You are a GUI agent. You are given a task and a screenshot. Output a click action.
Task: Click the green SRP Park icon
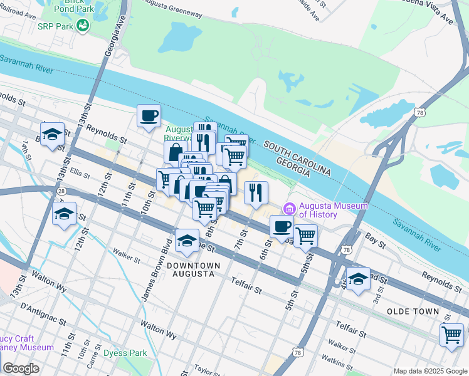82,24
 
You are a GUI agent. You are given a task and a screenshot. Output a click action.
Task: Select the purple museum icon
290,209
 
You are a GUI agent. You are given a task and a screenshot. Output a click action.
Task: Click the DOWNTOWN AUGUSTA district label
193,271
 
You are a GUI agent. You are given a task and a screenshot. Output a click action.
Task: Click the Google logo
20,368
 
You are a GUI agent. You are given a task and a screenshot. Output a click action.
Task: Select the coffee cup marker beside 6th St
282,227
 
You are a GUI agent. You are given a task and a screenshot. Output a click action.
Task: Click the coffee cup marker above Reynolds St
149,116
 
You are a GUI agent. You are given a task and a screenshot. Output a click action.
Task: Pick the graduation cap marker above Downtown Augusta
186,241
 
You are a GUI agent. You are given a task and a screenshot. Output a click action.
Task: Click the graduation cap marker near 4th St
358,278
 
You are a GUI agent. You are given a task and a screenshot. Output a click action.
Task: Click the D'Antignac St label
43,314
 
